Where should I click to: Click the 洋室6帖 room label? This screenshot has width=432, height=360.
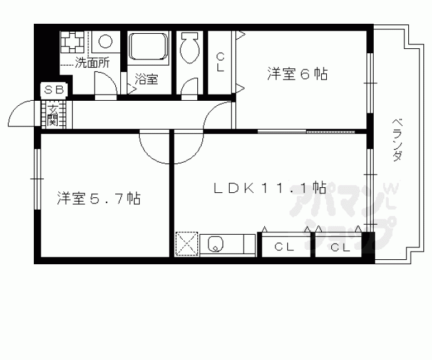tap(297, 73)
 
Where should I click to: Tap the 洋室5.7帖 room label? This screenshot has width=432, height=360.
tap(99, 199)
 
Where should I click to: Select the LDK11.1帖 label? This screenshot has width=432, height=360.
tap(270, 187)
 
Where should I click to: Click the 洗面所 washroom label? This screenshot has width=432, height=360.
tap(91, 62)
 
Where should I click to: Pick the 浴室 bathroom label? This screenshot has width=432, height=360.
tap(146, 79)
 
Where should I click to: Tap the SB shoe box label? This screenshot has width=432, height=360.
tap(53, 90)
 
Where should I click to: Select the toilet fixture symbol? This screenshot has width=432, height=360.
tap(189, 47)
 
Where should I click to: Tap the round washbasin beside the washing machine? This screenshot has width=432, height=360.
tap(105, 43)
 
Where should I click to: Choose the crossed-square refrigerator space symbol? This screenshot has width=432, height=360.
tap(186, 243)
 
